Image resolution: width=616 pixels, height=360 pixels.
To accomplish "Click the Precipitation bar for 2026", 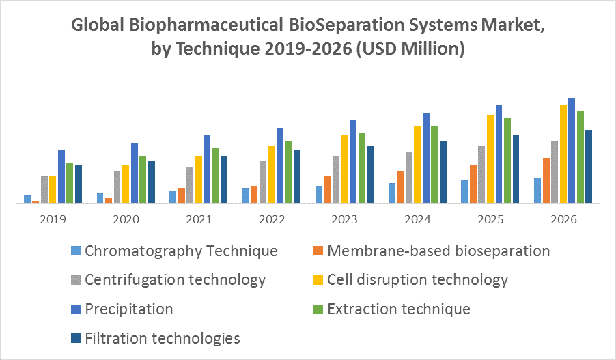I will coord(572,150).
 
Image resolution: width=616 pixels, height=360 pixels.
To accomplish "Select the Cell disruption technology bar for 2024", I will coord(417,164).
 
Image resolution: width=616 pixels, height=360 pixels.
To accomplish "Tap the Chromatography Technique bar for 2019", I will coord(27,199).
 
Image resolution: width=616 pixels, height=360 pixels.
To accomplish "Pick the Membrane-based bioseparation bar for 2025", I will coord(473,184).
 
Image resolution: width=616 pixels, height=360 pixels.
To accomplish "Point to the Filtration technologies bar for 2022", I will coord(297,176).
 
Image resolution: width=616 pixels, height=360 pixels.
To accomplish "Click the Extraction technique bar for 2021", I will coord(216,176).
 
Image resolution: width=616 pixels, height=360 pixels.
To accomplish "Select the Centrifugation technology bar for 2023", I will coord(336,180).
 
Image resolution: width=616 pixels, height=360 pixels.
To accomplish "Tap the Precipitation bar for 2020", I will coord(135,173).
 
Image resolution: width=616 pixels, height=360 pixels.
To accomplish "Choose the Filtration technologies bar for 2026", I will coord(589,167).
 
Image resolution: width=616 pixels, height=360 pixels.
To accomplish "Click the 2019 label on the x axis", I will coord(53,220).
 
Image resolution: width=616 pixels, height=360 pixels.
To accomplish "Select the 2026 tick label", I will coord(563,220).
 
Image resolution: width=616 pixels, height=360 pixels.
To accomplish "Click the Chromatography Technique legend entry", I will coord(181,251).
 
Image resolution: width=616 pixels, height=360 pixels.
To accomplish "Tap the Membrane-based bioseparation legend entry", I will coord(438,251).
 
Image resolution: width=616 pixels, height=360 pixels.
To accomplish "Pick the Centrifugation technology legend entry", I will coord(175,279).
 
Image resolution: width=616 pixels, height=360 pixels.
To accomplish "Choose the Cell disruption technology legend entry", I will coord(417,279).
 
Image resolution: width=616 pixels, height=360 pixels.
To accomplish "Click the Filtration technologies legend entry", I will coord(163,337).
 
